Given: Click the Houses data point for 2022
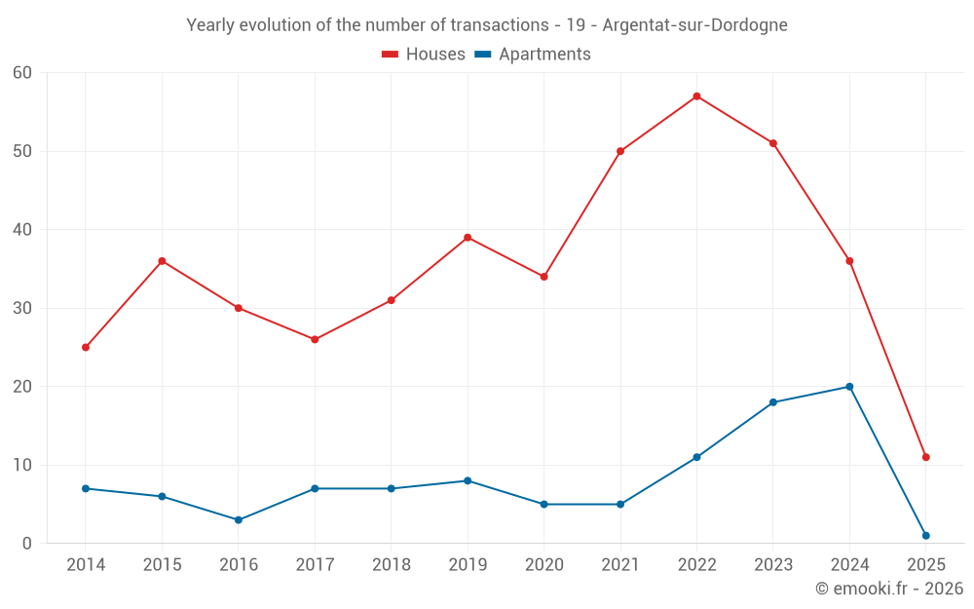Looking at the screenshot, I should click(x=696, y=96).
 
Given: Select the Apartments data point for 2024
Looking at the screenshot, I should click(x=849, y=387).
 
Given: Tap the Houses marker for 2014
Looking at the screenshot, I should click(x=86, y=347).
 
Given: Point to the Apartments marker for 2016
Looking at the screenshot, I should click(x=239, y=519).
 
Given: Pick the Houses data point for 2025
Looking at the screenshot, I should click(x=925, y=457).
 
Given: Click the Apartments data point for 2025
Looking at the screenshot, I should click(x=925, y=535).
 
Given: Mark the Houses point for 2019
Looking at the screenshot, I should click(x=468, y=238).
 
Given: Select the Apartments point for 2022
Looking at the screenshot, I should click(x=696, y=457).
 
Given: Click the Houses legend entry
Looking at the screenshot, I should click(x=424, y=55).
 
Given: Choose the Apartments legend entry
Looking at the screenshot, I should click(x=533, y=55).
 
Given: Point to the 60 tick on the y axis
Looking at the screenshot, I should click(x=22, y=73).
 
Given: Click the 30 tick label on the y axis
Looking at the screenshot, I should click(x=22, y=308).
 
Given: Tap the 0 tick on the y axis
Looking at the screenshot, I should click(x=27, y=543).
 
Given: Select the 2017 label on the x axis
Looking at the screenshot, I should click(x=315, y=565).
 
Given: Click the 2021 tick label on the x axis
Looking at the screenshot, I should click(x=620, y=565).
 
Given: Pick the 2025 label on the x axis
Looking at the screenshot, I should click(x=925, y=565).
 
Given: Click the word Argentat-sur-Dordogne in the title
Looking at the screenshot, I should click(x=694, y=25).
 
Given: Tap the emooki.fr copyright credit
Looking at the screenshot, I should click(x=888, y=589).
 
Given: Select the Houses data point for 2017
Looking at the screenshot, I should click(x=315, y=339).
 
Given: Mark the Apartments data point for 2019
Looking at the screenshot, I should click(x=468, y=480).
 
